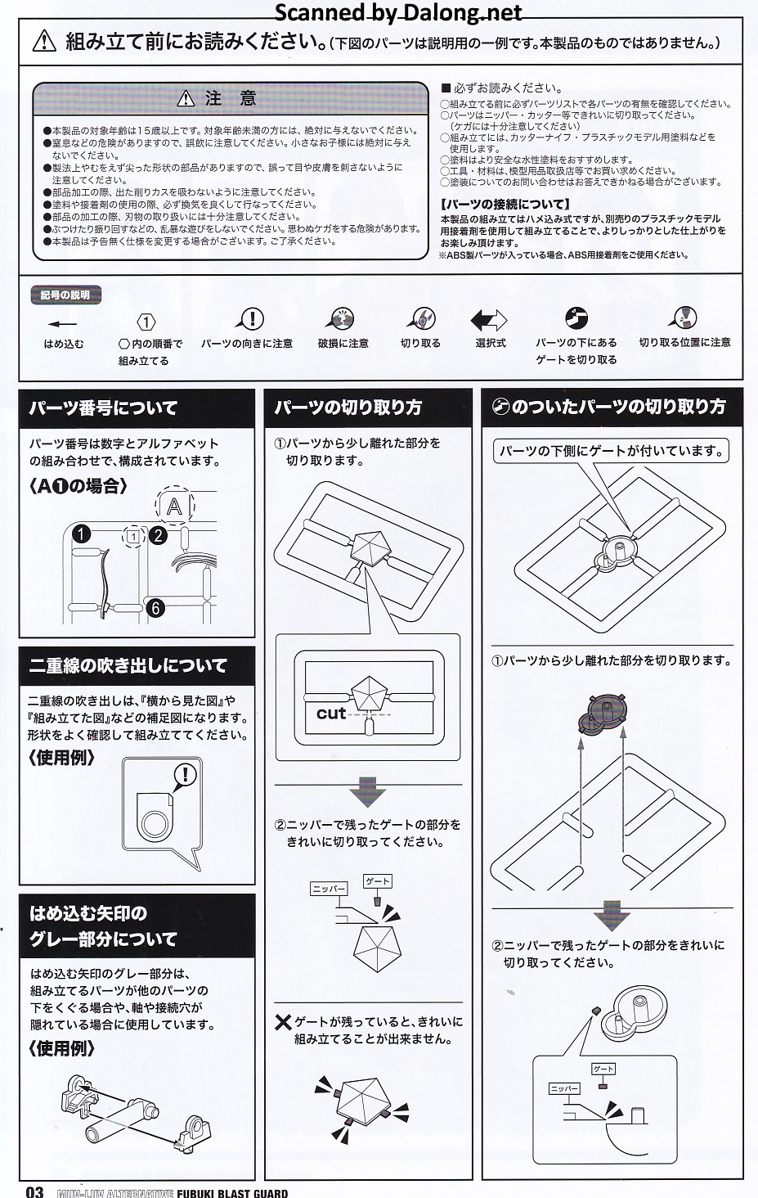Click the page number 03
point(34,1191)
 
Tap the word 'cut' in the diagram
point(331,714)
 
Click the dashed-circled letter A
point(175,506)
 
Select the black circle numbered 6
point(155,608)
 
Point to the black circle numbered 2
point(159,535)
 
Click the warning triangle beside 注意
point(186,98)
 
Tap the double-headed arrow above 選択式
point(489,320)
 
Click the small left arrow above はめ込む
point(62,323)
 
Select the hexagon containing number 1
point(146,322)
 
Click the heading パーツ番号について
point(103,408)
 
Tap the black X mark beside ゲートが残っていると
point(283,1022)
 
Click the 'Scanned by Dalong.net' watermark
point(398,12)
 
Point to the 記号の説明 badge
point(65,295)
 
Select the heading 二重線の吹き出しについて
point(128,666)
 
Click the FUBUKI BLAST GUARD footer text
point(232,1193)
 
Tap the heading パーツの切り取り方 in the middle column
point(348,408)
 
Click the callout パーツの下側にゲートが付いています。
point(611,451)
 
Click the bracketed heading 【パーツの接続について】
point(505,205)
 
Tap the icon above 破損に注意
point(341,319)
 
